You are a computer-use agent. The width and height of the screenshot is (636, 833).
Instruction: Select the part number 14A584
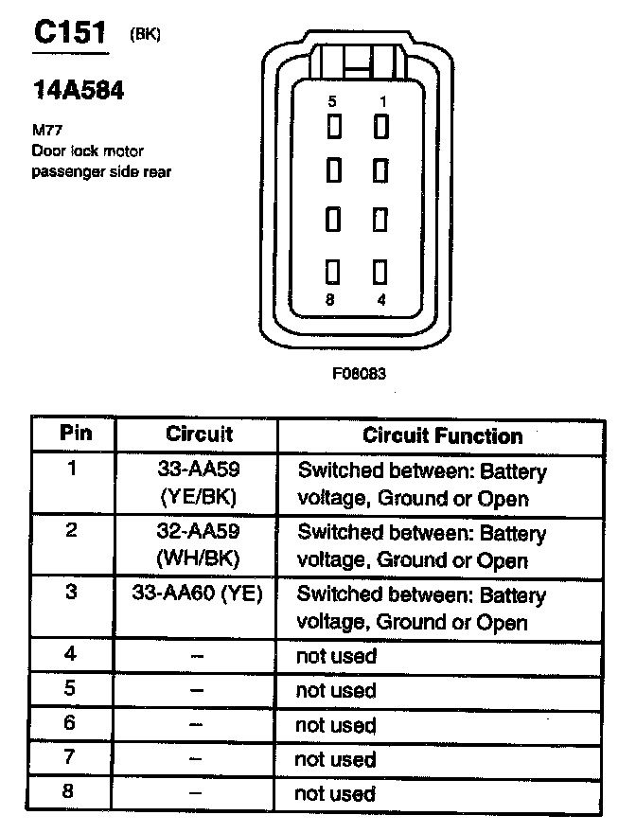click(79, 91)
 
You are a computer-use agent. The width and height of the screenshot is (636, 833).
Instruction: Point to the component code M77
click(45, 131)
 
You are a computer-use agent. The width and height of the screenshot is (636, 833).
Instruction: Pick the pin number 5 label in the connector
click(332, 101)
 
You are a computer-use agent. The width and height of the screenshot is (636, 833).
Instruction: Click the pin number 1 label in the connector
click(382, 101)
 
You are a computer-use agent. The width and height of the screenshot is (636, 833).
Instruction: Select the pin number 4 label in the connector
click(382, 301)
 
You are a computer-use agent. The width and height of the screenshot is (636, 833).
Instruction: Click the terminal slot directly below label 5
click(333, 126)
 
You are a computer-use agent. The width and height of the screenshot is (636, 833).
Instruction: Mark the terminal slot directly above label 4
click(380, 273)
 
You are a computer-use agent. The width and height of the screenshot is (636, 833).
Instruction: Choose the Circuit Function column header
click(442, 435)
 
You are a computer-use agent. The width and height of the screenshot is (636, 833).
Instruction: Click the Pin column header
click(76, 434)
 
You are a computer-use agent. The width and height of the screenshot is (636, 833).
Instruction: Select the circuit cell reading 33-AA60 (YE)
click(198, 594)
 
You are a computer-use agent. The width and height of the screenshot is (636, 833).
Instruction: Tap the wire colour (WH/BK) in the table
click(197, 559)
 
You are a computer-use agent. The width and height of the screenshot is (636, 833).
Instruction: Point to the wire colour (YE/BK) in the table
click(197, 497)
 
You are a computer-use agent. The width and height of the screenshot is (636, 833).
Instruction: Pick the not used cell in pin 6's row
click(335, 725)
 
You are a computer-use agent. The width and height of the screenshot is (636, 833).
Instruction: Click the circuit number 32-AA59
click(197, 532)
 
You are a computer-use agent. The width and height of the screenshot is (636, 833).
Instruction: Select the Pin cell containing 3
click(70, 594)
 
